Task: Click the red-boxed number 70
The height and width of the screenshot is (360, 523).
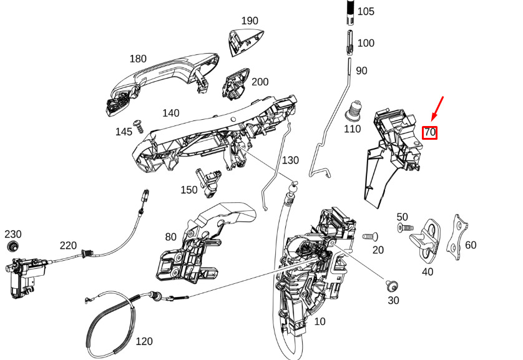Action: tap(429, 133)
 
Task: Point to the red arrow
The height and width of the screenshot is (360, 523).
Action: tap(437, 109)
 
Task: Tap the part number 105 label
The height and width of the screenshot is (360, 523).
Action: tap(366, 11)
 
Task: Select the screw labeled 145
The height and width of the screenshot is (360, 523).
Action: tap(139, 126)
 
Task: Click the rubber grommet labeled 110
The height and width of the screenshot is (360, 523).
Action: tap(353, 110)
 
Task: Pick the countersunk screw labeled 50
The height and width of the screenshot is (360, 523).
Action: tap(406, 228)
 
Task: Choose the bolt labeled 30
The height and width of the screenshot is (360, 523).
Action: tap(391, 286)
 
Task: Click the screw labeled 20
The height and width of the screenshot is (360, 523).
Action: tap(370, 236)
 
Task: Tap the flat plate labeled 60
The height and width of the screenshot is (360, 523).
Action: tap(457, 237)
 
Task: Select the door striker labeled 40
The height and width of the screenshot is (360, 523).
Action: tap(426, 240)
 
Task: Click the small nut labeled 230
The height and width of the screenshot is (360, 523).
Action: tap(12, 246)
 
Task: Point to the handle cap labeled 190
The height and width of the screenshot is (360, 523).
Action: tap(245, 42)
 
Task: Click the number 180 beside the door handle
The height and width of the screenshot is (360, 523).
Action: tap(138, 59)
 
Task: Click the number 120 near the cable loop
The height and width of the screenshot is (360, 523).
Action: tap(144, 341)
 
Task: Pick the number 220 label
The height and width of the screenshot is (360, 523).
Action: tap(69, 246)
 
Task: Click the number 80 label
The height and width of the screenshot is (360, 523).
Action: tap(171, 237)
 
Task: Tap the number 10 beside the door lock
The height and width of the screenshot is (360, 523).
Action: tap(320, 321)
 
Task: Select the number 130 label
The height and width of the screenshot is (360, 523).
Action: tap(290, 160)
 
